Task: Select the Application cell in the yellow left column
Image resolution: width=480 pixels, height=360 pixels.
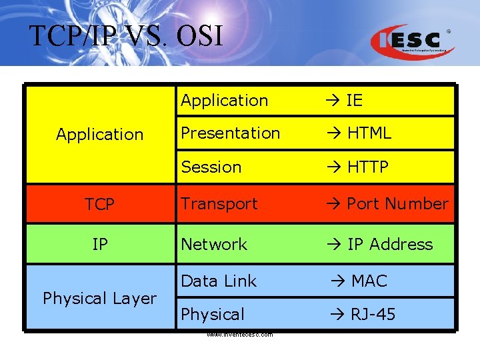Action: click(99, 134)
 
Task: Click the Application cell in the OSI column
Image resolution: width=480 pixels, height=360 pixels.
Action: click(224, 101)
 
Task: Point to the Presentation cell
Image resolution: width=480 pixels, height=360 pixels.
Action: click(230, 133)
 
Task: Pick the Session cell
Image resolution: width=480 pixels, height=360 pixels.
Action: click(211, 167)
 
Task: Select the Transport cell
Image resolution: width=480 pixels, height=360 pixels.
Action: click(219, 204)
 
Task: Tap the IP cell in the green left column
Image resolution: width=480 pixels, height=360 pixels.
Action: click(99, 245)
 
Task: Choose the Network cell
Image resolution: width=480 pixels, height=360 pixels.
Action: click(214, 245)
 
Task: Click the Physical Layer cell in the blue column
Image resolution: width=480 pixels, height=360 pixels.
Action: click(99, 298)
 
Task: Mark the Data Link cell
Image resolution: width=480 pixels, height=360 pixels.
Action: click(219, 281)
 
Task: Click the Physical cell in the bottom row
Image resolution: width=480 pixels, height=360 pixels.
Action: click(213, 314)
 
